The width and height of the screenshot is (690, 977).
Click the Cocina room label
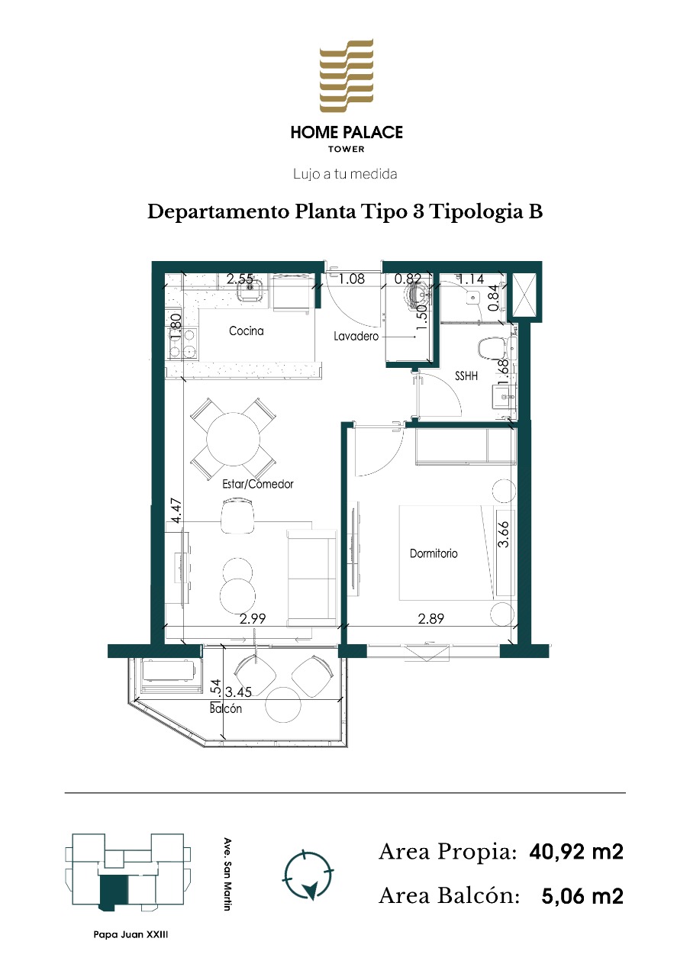click(x=246, y=331)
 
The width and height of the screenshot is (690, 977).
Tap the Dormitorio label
click(x=434, y=553)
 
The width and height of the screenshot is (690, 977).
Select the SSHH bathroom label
click(x=466, y=376)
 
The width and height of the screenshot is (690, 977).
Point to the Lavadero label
click(x=356, y=337)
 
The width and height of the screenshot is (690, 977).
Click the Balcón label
click(x=225, y=708)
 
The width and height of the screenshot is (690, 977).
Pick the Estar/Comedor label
click(x=258, y=484)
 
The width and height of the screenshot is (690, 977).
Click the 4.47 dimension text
click(x=176, y=511)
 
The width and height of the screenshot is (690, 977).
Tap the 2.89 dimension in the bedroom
click(x=431, y=618)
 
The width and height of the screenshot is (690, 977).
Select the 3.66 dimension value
click(x=503, y=534)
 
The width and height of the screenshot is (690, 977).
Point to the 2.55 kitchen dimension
click(x=240, y=279)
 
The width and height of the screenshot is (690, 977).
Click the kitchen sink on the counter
click(x=250, y=289)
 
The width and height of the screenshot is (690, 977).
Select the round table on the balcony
click(x=283, y=705)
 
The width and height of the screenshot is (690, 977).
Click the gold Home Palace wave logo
click(x=347, y=75)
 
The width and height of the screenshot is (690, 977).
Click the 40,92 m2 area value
click(x=576, y=851)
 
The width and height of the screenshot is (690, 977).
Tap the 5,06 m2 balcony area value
click(x=582, y=896)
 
